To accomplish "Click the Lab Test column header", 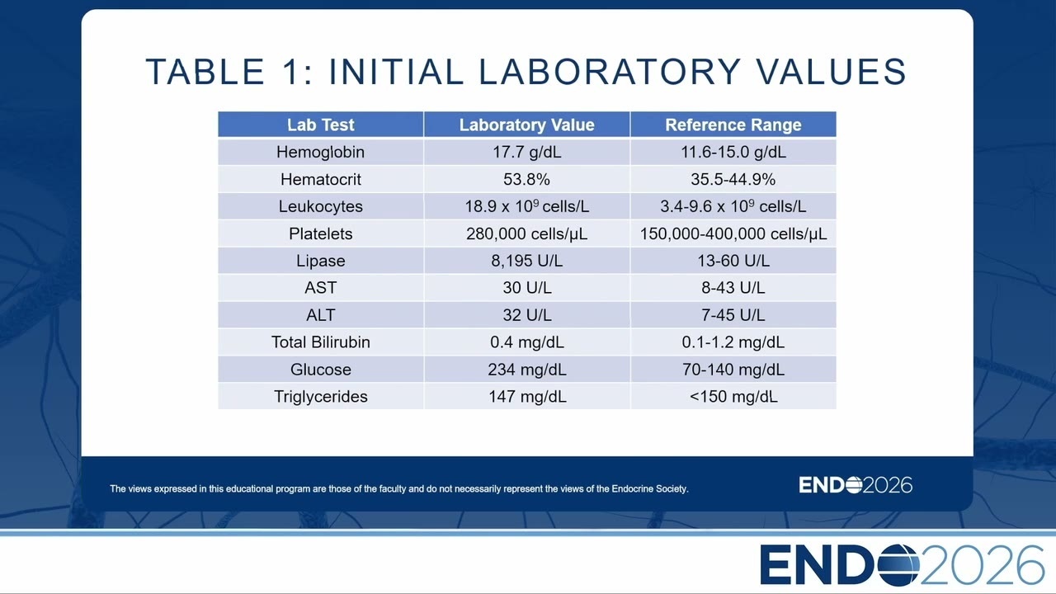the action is click(321, 125).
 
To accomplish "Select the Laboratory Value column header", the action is click(526, 125).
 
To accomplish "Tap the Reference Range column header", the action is click(733, 125).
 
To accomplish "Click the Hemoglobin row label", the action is click(321, 153).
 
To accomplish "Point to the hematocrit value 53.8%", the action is click(526, 180).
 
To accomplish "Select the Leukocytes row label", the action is click(321, 206).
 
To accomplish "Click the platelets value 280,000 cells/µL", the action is click(526, 233).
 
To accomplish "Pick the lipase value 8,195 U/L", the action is click(526, 261).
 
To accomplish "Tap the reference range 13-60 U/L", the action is click(733, 261).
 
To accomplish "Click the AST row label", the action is click(321, 288).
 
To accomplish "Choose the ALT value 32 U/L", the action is click(526, 315).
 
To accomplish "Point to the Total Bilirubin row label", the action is click(321, 342).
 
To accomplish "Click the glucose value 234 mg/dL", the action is click(526, 370).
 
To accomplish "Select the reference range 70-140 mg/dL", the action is click(733, 370).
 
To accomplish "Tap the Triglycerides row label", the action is click(321, 397).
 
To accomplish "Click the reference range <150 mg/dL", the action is click(733, 397).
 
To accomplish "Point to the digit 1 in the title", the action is click(290, 72).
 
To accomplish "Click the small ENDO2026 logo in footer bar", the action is click(856, 485).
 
